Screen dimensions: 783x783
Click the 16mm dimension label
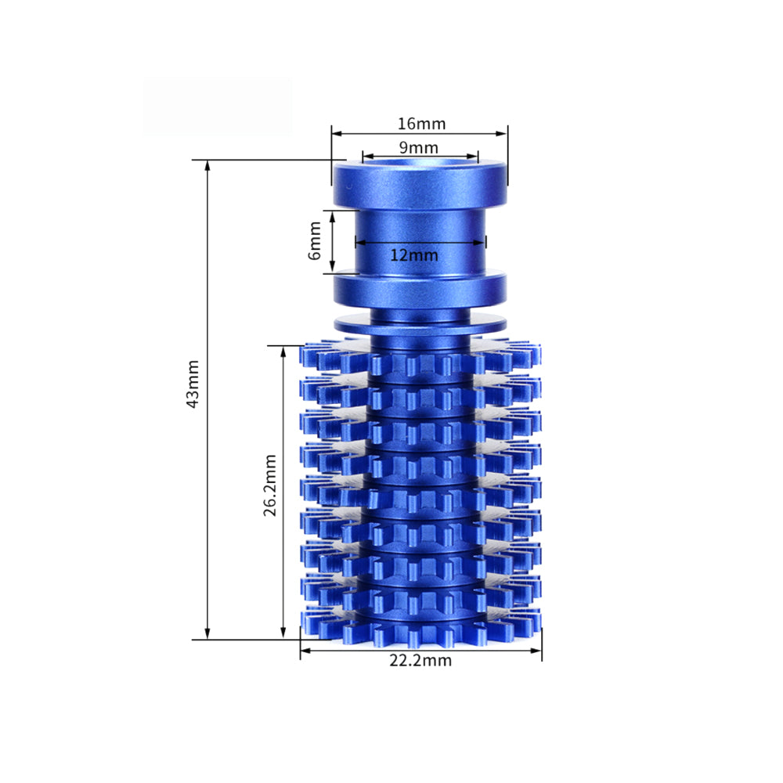pos(421,124)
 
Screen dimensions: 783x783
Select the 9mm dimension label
pos(419,147)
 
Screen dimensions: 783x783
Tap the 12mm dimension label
pos(414,254)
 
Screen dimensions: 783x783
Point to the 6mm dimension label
pos(315,241)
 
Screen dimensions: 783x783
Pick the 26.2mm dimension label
pos(270,485)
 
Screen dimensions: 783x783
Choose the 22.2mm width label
pos(420,660)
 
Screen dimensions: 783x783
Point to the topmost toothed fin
pos(420,356)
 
